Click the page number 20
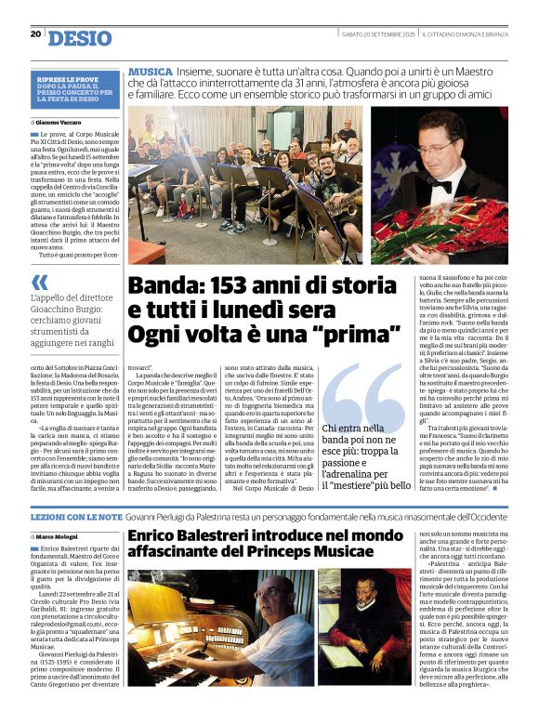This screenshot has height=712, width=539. (x=35, y=33)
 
